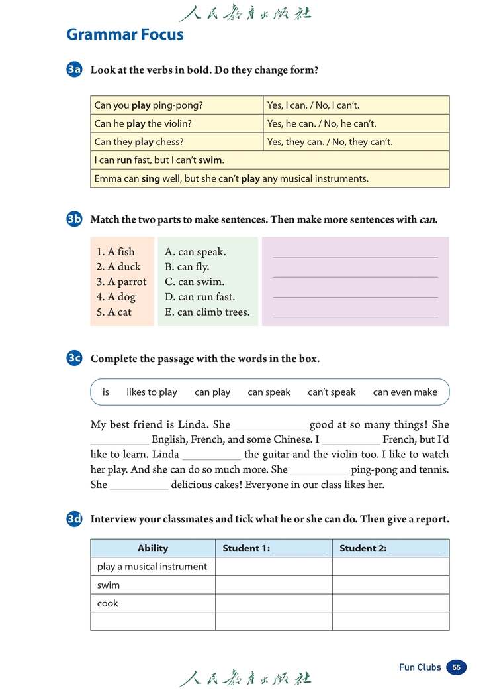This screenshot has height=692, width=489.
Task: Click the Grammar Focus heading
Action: [x=125, y=34]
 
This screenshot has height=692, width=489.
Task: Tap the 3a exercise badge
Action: [x=74, y=70]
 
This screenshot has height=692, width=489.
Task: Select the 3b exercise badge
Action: [x=74, y=219]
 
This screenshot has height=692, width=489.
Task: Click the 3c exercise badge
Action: [x=74, y=359]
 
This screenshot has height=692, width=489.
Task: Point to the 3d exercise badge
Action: [x=74, y=519]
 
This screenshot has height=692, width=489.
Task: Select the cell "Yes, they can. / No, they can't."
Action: [x=330, y=142]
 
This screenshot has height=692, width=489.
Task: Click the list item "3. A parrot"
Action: [x=121, y=282]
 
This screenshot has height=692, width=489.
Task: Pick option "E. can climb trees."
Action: [x=207, y=312]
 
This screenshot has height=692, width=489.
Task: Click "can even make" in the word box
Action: [x=405, y=392]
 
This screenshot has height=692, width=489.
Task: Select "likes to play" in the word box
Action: [x=152, y=392]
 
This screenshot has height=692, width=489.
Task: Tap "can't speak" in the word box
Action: [x=332, y=392]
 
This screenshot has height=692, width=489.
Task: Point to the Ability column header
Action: [x=153, y=548]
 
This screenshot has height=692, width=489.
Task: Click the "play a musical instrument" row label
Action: [x=152, y=567]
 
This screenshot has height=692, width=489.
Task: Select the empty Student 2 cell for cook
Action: [x=390, y=603]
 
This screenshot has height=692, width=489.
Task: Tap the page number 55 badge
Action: [x=456, y=667]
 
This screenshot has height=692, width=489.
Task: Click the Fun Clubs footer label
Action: [x=420, y=667]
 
